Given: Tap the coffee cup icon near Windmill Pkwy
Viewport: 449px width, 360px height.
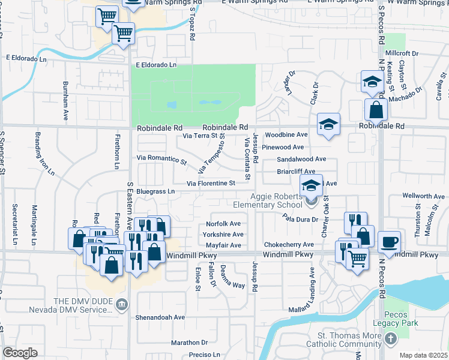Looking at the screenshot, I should point(389,241).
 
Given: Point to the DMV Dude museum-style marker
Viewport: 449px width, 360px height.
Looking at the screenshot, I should point(122,305).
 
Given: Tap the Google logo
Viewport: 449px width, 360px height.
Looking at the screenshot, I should point(20,352).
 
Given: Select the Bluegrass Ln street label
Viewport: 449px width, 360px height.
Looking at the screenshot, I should point(155,191).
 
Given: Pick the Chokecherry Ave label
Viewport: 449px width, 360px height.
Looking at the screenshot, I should point(289,245).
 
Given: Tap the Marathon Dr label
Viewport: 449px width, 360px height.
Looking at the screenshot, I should point(189,343).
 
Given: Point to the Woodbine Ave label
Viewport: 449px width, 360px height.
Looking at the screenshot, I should point(286,136).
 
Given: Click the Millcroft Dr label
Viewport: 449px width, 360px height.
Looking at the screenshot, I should point(402,53).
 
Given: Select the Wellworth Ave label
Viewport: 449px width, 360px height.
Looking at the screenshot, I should point(423,196).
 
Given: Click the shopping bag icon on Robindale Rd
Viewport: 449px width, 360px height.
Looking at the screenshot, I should point(376,110).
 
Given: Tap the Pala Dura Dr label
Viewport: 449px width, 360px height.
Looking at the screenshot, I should point(301,219).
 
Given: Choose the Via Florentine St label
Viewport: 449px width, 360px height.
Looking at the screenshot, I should point(210,183).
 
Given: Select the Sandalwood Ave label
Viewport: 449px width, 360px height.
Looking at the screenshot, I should point(301,159).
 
